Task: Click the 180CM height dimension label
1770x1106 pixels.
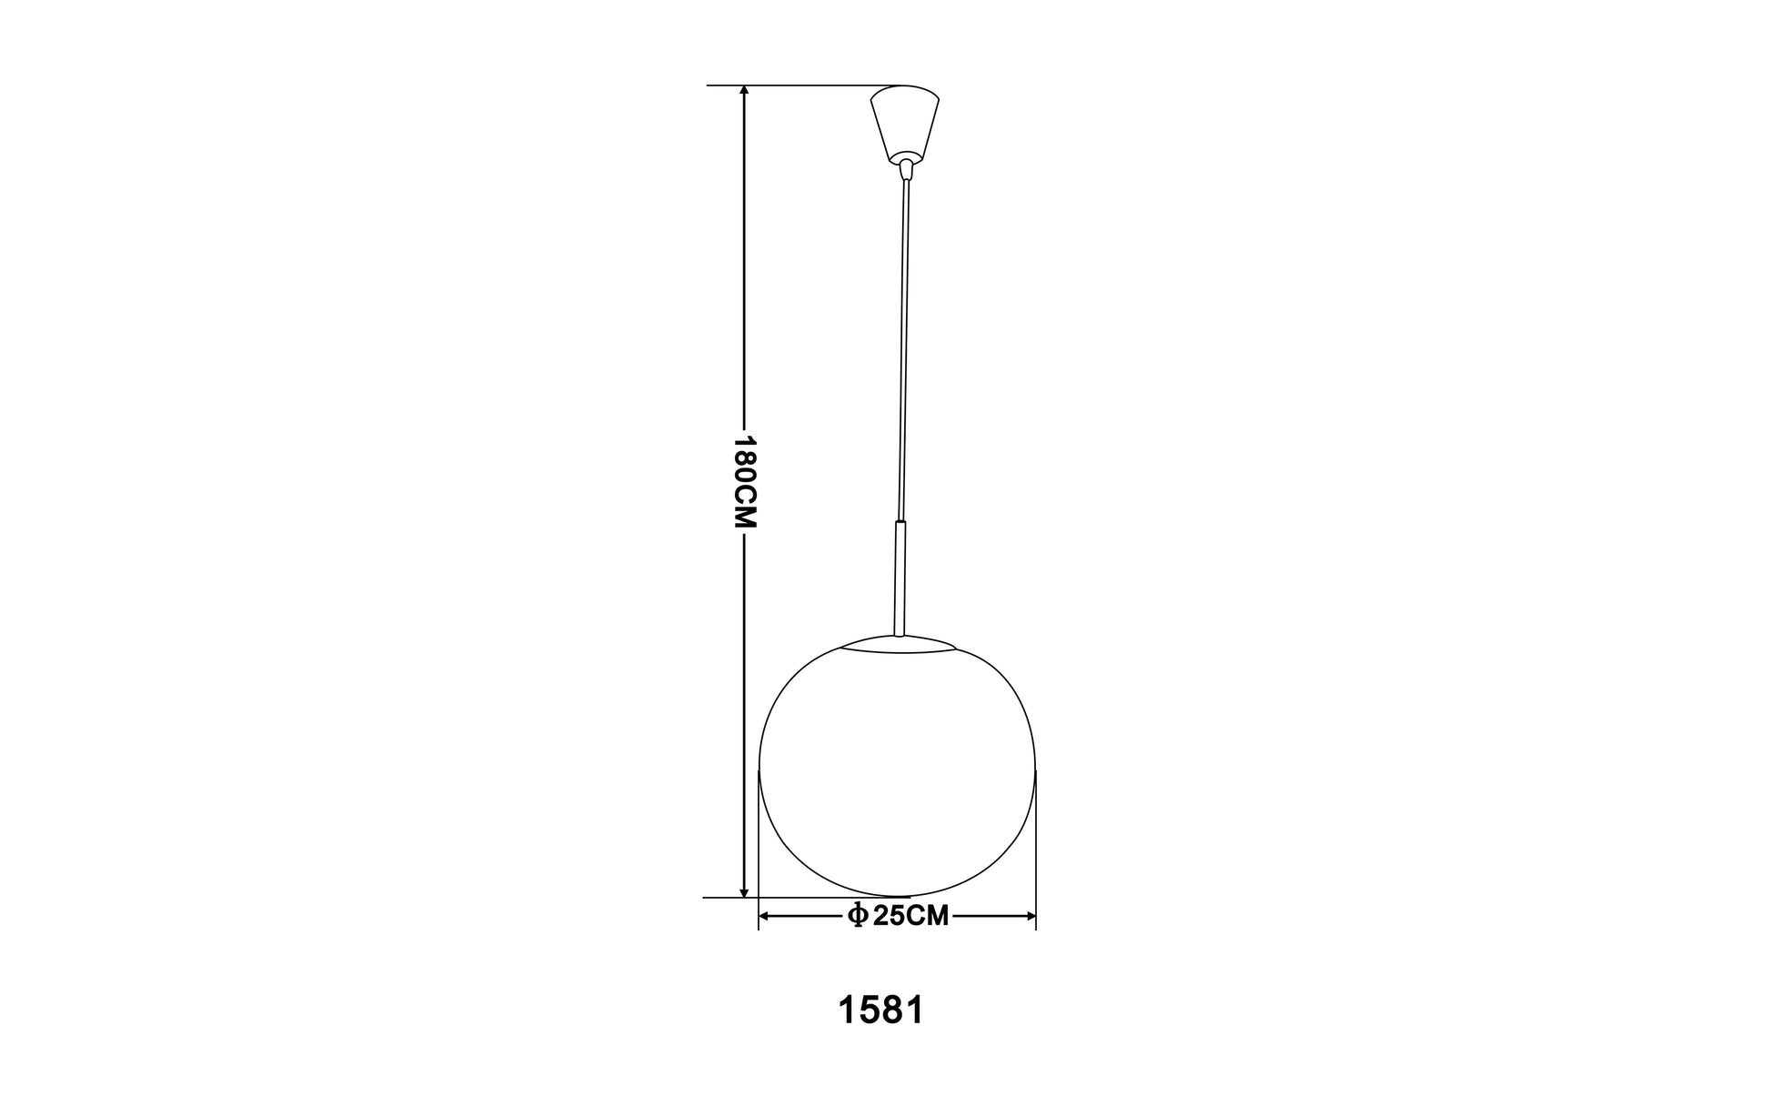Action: (x=745, y=482)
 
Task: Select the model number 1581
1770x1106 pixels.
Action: (x=880, y=1010)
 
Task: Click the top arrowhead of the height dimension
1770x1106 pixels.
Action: (x=745, y=92)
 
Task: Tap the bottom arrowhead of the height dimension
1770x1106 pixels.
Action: (x=745, y=890)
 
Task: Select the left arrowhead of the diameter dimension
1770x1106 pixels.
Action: (x=766, y=916)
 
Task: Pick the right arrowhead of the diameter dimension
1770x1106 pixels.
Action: (x=1029, y=916)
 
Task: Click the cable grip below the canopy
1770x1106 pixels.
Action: (x=905, y=170)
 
